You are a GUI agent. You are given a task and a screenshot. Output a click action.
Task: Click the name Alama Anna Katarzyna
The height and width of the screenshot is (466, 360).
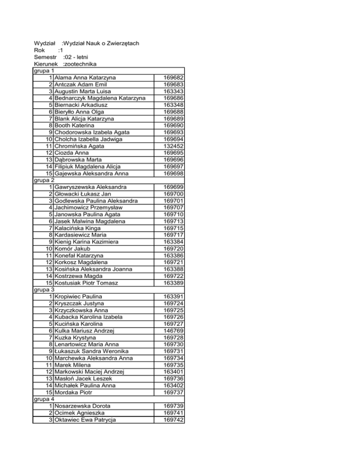pyautogui.click(x=85, y=77)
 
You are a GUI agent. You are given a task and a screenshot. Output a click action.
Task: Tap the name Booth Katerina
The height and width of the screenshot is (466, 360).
pyautogui.click(x=74, y=126)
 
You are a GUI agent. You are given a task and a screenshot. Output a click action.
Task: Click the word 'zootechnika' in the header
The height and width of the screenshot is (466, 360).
pyautogui.click(x=82, y=64)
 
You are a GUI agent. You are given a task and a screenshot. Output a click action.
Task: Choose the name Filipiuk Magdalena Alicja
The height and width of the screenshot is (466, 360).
pyautogui.click(x=88, y=167)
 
